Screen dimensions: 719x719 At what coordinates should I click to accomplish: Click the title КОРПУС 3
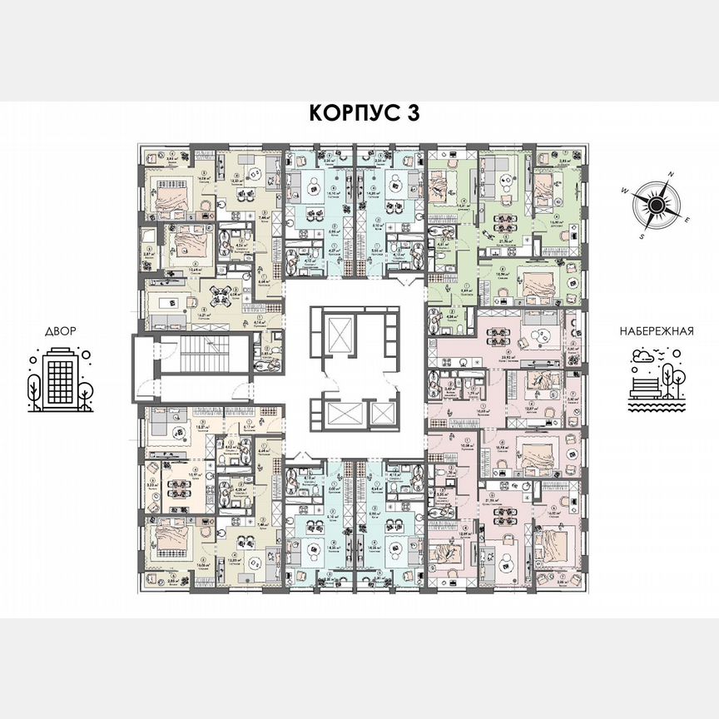(359, 114)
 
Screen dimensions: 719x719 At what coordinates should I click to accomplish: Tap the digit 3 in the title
(409, 114)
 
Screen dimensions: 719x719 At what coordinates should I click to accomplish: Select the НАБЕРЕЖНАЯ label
(657, 330)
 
